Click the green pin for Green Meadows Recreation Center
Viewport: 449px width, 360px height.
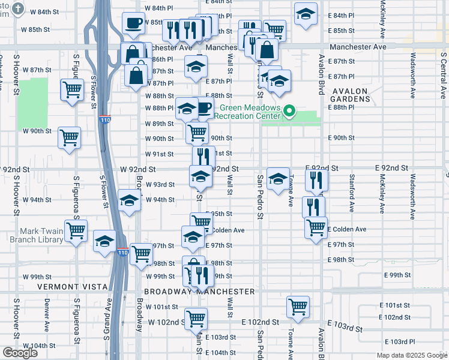(x=289, y=110)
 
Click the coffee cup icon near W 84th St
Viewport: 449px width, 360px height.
(x=133, y=23)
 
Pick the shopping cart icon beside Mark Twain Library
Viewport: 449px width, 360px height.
(x=76, y=230)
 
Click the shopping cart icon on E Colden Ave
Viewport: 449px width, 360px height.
(x=316, y=227)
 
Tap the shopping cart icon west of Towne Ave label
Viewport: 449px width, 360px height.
(x=298, y=307)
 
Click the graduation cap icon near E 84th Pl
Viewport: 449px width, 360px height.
(x=306, y=13)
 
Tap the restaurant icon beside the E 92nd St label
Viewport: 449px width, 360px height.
(x=315, y=179)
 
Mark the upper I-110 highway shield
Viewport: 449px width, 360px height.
(x=105, y=119)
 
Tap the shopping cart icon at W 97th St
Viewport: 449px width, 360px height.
(x=141, y=253)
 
